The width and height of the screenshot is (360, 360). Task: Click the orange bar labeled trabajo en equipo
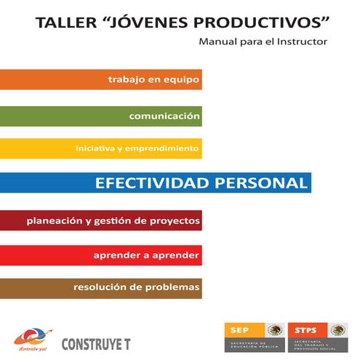[101, 79]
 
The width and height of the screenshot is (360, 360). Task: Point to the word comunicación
[164, 116]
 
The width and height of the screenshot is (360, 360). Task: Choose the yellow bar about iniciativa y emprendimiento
[101, 148]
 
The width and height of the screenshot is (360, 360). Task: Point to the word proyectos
[174, 219]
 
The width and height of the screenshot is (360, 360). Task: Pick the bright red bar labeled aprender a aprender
[101, 255]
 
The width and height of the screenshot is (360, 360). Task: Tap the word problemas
[173, 287]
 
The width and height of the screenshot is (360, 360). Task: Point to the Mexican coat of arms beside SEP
[273, 329]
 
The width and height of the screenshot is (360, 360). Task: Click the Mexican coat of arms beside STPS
[338, 329]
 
